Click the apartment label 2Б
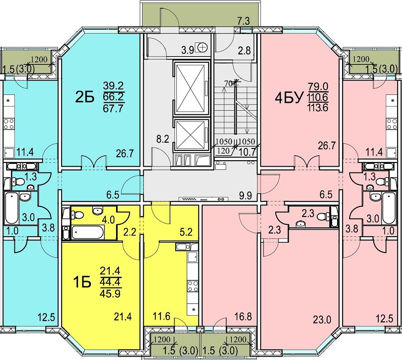point(84,97)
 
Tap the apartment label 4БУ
point(291,97)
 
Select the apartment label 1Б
point(82,282)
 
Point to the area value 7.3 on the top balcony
point(244,21)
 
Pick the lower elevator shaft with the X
point(190,135)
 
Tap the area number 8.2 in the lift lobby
point(163,140)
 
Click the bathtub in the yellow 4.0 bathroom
point(88,232)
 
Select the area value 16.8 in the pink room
point(243,317)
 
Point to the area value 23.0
point(322,320)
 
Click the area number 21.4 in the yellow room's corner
point(123,317)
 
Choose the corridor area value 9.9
point(245,196)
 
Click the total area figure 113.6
point(319,108)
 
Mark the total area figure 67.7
point(113,109)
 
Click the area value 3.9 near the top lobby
point(188,50)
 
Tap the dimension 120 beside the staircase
point(223,151)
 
